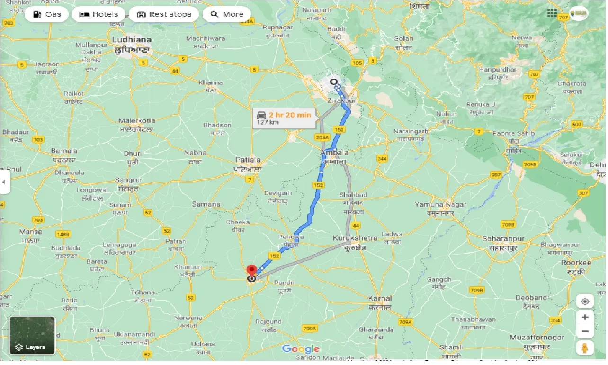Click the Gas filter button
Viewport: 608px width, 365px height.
tap(47, 14)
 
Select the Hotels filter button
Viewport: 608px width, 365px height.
tap(98, 14)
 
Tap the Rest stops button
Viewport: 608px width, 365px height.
tap(164, 14)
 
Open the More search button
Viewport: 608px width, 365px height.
tap(227, 14)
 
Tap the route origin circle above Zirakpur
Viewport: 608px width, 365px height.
tap(334, 82)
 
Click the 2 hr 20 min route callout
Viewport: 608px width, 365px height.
tap(284, 118)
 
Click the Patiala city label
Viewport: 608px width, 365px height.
tap(249, 160)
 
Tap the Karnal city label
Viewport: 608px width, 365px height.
tap(380, 299)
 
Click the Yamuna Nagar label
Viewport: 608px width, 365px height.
tap(440, 205)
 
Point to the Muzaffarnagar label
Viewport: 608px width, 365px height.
tap(537, 338)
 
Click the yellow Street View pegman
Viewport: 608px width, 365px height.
tap(585, 348)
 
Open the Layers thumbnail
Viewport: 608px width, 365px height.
tap(32, 336)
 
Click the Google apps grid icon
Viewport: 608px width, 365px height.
tap(552, 13)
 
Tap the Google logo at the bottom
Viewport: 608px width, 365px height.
tap(301, 350)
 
